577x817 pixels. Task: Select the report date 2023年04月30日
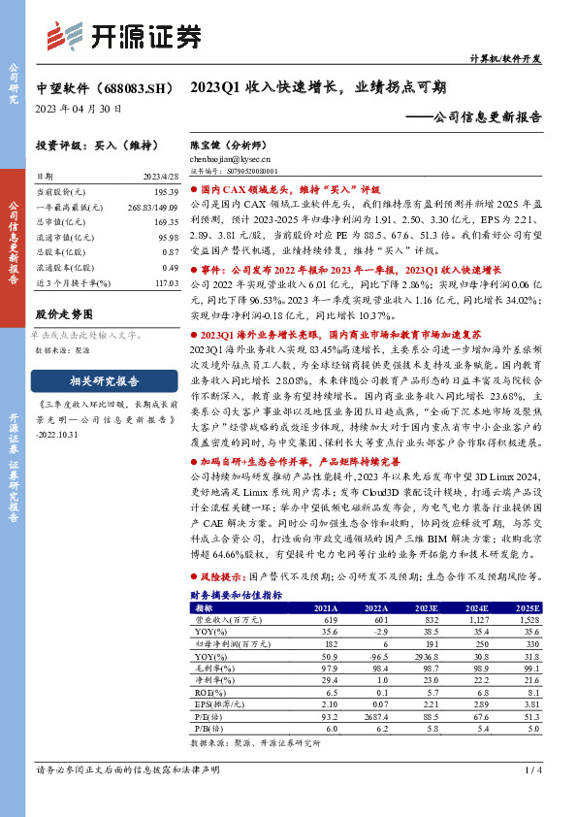pos(78,110)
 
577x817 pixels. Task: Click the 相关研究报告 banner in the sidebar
pos(96,380)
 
